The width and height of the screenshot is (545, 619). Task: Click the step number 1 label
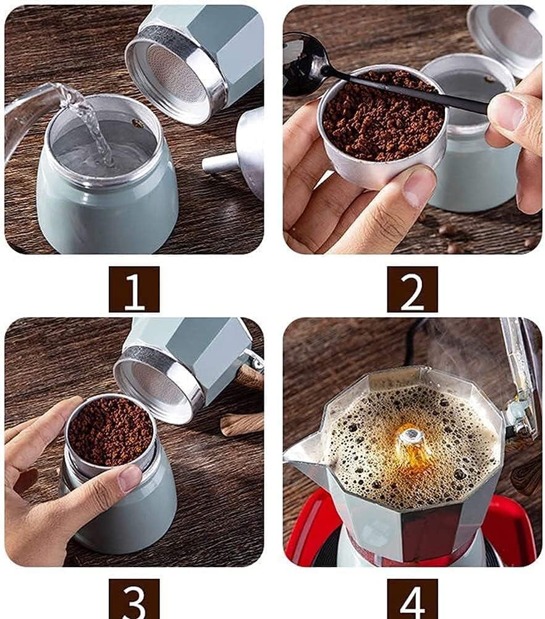click(134, 289)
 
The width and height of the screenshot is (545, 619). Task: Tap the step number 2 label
click(412, 289)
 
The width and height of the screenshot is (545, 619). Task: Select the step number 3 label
click(134, 598)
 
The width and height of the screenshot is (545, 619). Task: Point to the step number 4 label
click(412, 598)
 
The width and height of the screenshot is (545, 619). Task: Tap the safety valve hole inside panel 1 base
click(137, 123)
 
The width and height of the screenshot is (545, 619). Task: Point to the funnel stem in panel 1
click(219, 163)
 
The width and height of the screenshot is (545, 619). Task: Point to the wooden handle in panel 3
click(242, 424)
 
